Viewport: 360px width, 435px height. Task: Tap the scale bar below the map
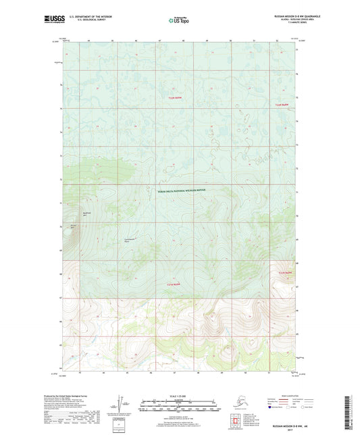(179, 407)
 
